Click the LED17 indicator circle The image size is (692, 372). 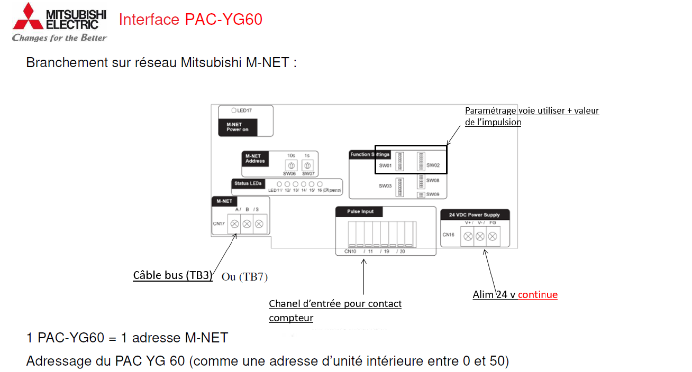point(233,110)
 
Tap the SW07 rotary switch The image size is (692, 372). point(307,166)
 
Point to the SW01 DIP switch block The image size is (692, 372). point(399,161)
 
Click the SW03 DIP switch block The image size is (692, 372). point(399,187)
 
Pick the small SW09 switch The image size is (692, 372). point(421,194)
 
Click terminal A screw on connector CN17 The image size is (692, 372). point(234,224)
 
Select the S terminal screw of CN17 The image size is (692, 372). point(259,224)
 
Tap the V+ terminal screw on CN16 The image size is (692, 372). point(468,237)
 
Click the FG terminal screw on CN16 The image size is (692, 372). point(493,237)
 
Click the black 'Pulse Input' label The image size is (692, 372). point(360,211)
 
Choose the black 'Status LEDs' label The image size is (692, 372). point(248,183)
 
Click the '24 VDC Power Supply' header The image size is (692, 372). point(475,215)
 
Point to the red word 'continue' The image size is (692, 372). point(538,295)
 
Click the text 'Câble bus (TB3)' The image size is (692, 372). point(172,275)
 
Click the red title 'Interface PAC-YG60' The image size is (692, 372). point(190,20)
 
